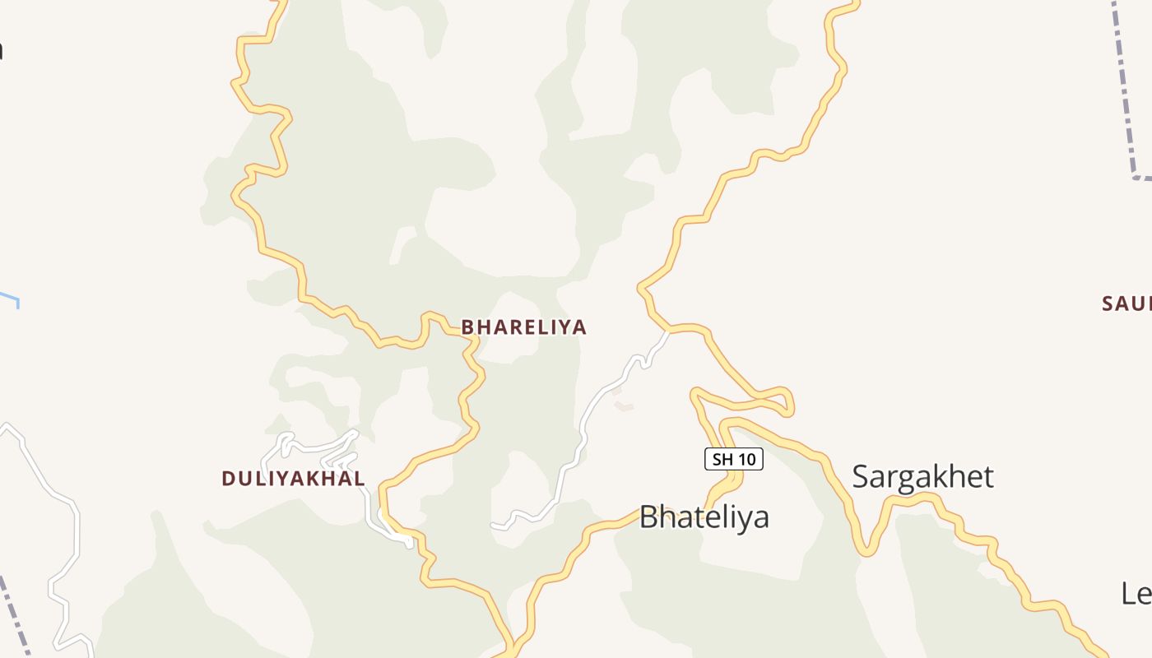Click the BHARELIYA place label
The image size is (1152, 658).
click(524, 327)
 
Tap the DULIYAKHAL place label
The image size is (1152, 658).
click(293, 478)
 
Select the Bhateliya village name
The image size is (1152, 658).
click(704, 517)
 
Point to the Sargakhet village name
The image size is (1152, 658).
click(922, 476)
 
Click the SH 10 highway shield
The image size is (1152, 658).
click(734, 459)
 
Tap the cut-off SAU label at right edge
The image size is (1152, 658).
click(1126, 304)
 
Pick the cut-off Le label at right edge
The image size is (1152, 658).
click(1136, 592)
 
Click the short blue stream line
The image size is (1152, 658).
click(10, 298)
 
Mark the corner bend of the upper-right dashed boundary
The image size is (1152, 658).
click(1136, 176)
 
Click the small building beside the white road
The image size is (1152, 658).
click(625, 406)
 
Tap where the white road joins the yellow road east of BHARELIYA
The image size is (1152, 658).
click(668, 331)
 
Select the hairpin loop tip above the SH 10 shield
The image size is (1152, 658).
click(788, 403)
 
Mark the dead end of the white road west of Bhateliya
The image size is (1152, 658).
click(494, 525)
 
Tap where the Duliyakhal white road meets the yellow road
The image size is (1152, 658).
click(406, 539)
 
